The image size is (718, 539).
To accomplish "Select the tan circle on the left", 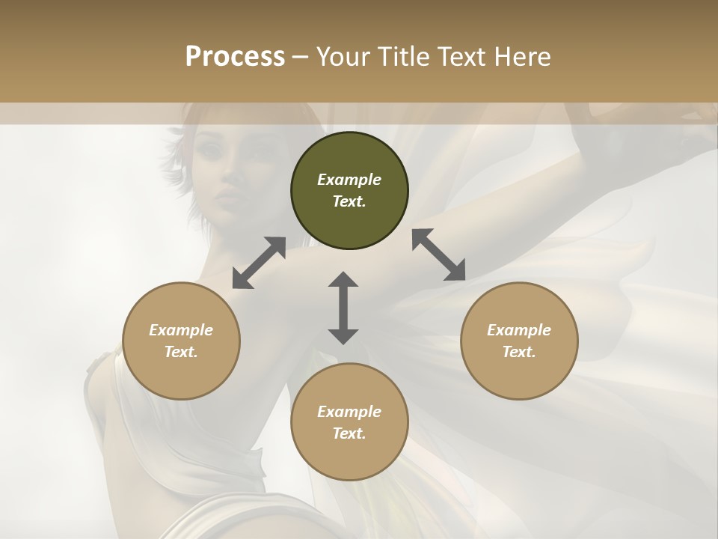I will tap(181, 341).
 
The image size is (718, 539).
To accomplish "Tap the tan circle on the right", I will tap(519, 341).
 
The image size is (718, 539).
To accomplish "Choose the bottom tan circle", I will tap(349, 422).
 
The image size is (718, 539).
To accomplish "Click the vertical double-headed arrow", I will tap(343, 308).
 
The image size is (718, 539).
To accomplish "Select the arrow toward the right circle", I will tap(438, 254).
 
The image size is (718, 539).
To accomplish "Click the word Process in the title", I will tap(235, 56).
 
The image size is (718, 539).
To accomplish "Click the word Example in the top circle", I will tap(349, 180).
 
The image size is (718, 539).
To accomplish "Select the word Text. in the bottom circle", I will tap(349, 433).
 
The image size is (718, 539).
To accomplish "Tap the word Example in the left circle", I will tap(181, 330).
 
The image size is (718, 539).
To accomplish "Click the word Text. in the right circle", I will tap(519, 352).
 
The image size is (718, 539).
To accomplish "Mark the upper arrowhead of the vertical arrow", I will tap(343, 280).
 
